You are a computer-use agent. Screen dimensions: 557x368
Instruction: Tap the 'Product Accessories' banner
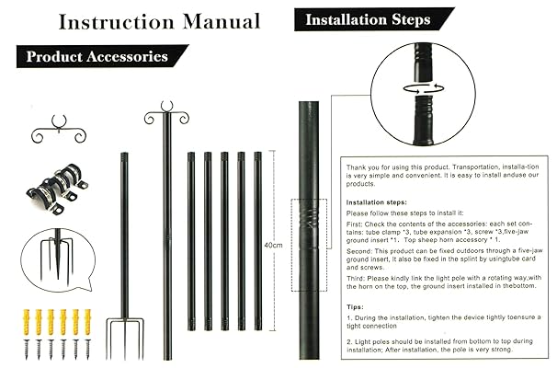(97, 57)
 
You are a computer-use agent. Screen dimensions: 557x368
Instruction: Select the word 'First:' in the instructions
(356, 223)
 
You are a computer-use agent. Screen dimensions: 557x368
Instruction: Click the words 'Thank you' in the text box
(361, 167)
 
